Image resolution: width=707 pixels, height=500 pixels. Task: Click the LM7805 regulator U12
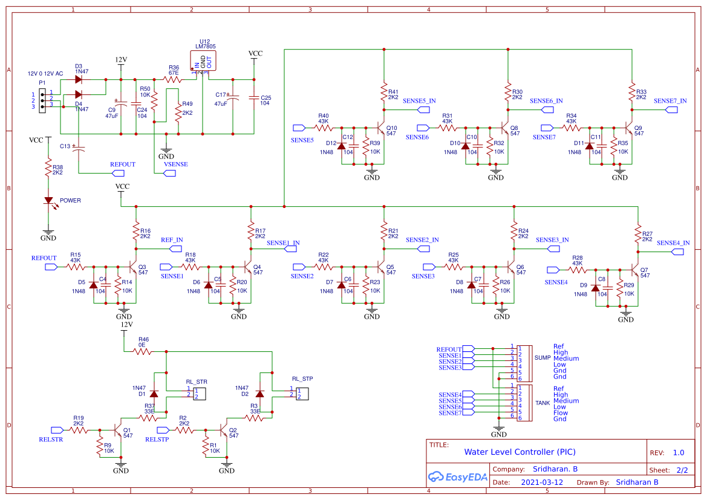[x=203, y=61]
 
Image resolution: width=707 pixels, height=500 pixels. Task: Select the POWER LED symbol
[x=48, y=201]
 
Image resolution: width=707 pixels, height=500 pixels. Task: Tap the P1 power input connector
[x=42, y=100]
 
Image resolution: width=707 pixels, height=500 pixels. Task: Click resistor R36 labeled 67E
[x=172, y=79]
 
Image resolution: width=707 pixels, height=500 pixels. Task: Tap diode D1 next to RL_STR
[x=154, y=394]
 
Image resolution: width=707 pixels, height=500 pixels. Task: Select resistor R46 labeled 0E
[x=142, y=351]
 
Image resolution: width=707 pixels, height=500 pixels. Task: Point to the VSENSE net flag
[x=170, y=174]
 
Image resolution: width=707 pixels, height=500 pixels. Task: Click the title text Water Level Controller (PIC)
[x=520, y=452]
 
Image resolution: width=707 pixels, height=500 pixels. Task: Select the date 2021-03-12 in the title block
[x=541, y=482]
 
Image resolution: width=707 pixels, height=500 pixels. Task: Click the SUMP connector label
[x=542, y=358]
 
